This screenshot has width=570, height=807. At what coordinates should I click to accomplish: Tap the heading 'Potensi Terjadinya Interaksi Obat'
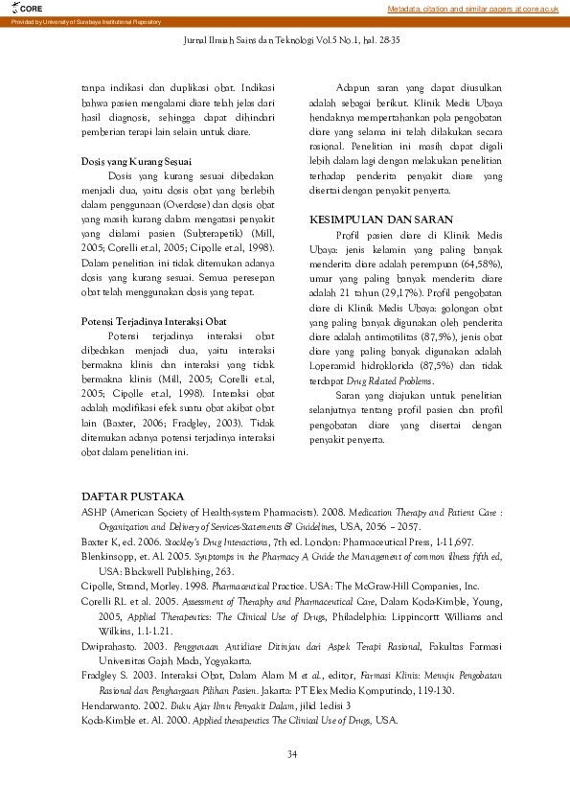153,321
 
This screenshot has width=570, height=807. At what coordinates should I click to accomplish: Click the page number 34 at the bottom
292,754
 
